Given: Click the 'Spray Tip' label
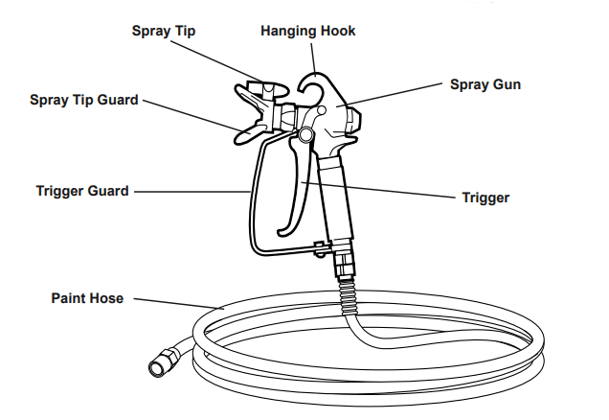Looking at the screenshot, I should [164, 32].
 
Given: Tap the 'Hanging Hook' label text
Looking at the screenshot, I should [307, 32].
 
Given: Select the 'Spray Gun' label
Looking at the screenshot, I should [485, 84].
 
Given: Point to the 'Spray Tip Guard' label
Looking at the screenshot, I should [84, 99].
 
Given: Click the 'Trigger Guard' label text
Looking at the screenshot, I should [81, 191].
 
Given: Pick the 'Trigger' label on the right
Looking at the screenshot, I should [485, 198].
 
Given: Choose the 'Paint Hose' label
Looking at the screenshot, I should [87, 298].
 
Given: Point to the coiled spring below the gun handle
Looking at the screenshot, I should [347, 292].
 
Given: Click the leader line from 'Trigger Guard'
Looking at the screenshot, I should [192, 191].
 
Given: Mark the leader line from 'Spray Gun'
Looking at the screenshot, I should [396, 93].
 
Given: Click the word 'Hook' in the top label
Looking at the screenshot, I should [338, 32].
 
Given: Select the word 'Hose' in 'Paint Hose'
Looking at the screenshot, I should [106, 298].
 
